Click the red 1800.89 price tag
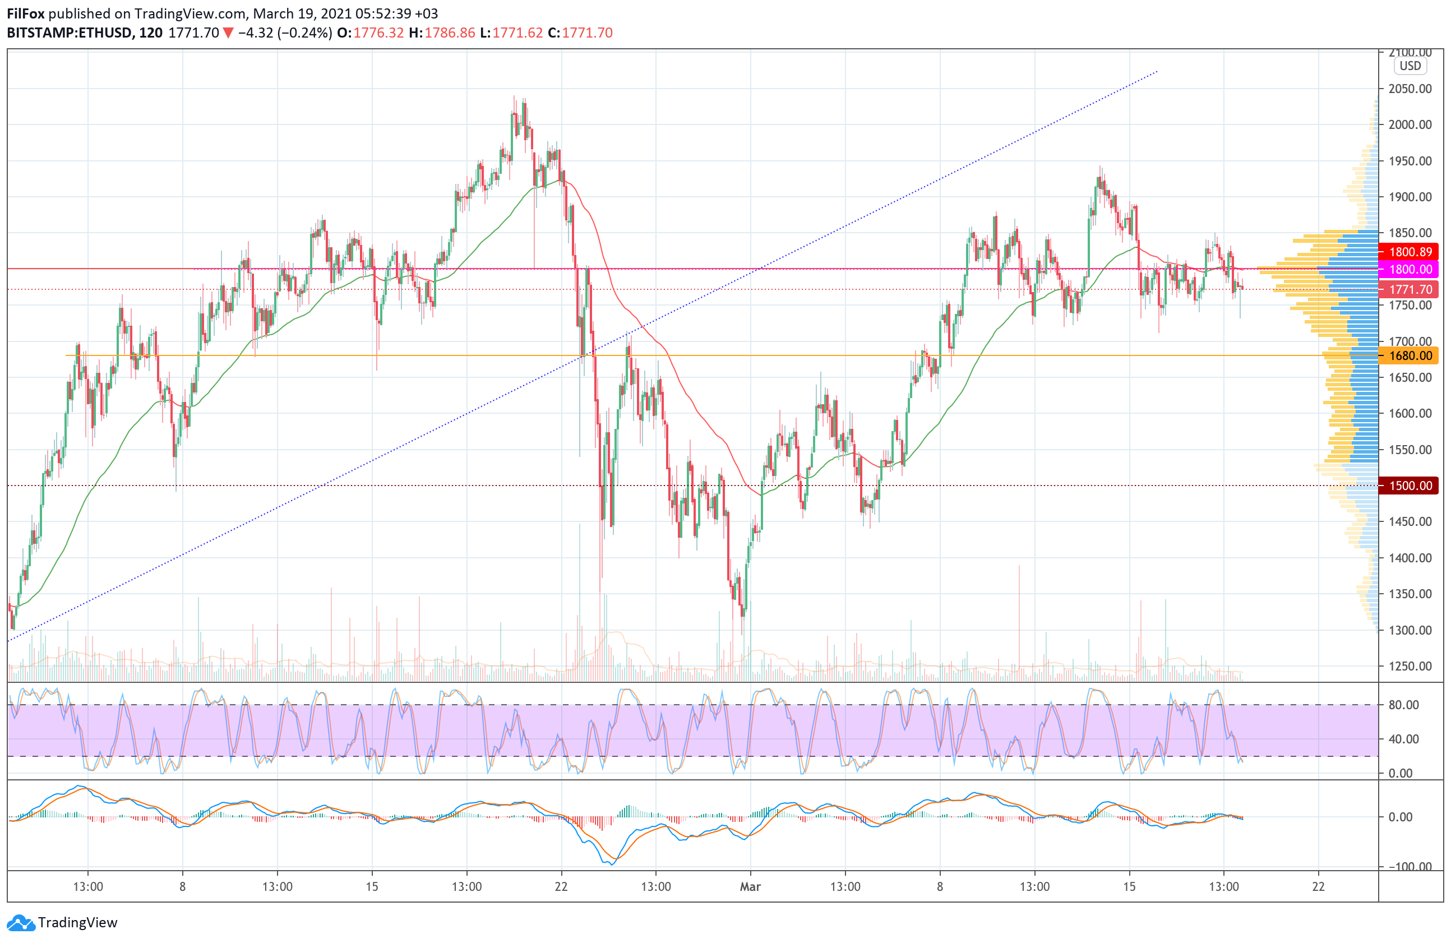click(1410, 252)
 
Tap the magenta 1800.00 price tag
click(1410, 270)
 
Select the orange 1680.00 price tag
click(1410, 355)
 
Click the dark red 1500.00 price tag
click(1410, 486)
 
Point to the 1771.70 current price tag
click(1410, 289)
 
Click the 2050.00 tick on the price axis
click(1410, 89)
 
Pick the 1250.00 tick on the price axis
click(1410, 665)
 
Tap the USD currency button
click(1410, 66)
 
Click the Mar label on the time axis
click(750, 886)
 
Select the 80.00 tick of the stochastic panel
click(1403, 705)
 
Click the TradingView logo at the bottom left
click(62, 922)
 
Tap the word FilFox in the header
click(26, 13)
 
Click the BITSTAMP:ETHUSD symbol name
click(69, 33)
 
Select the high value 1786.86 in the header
click(449, 33)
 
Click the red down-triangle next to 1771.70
click(228, 33)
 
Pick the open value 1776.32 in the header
click(378, 33)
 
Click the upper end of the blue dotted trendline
click(1157, 72)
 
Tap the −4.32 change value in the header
click(256, 33)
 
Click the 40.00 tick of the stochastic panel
click(1403, 739)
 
